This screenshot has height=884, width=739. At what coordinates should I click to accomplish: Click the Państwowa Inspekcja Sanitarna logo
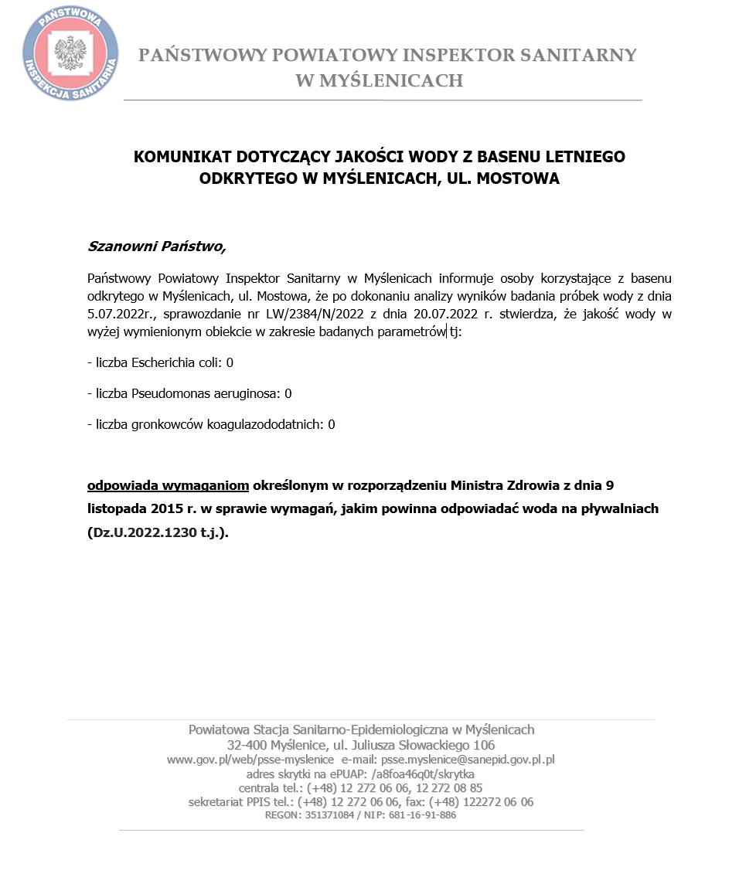(70, 53)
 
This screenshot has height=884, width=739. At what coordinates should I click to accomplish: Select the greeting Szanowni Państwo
(157, 247)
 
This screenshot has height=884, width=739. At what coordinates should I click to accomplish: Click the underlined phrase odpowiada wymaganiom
(168, 486)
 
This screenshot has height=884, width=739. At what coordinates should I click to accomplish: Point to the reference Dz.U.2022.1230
(148, 532)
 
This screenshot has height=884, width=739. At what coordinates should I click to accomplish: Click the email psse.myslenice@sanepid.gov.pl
(468, 760)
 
